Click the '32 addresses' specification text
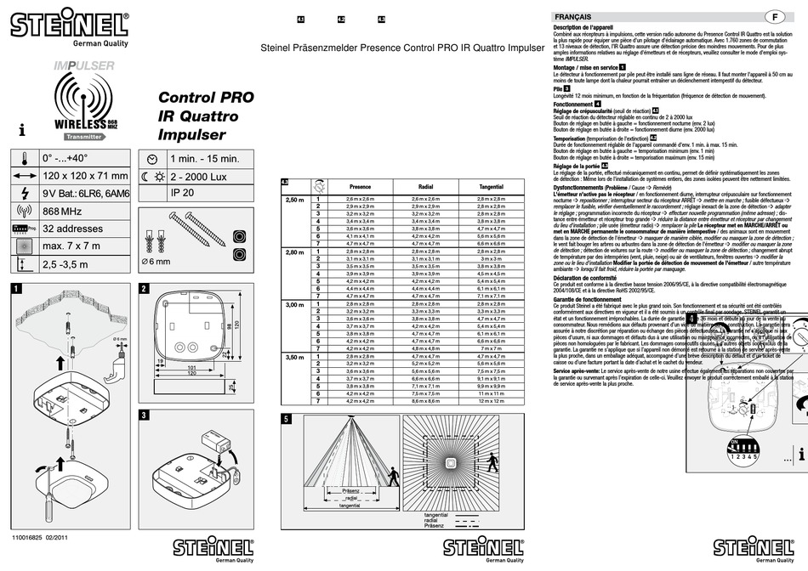(x=72, y=229)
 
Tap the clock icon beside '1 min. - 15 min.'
(x=151, y=159)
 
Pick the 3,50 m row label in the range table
(x=293, y=358)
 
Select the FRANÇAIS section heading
(x=573, y=17)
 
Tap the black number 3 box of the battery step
(x=145, y=415)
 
